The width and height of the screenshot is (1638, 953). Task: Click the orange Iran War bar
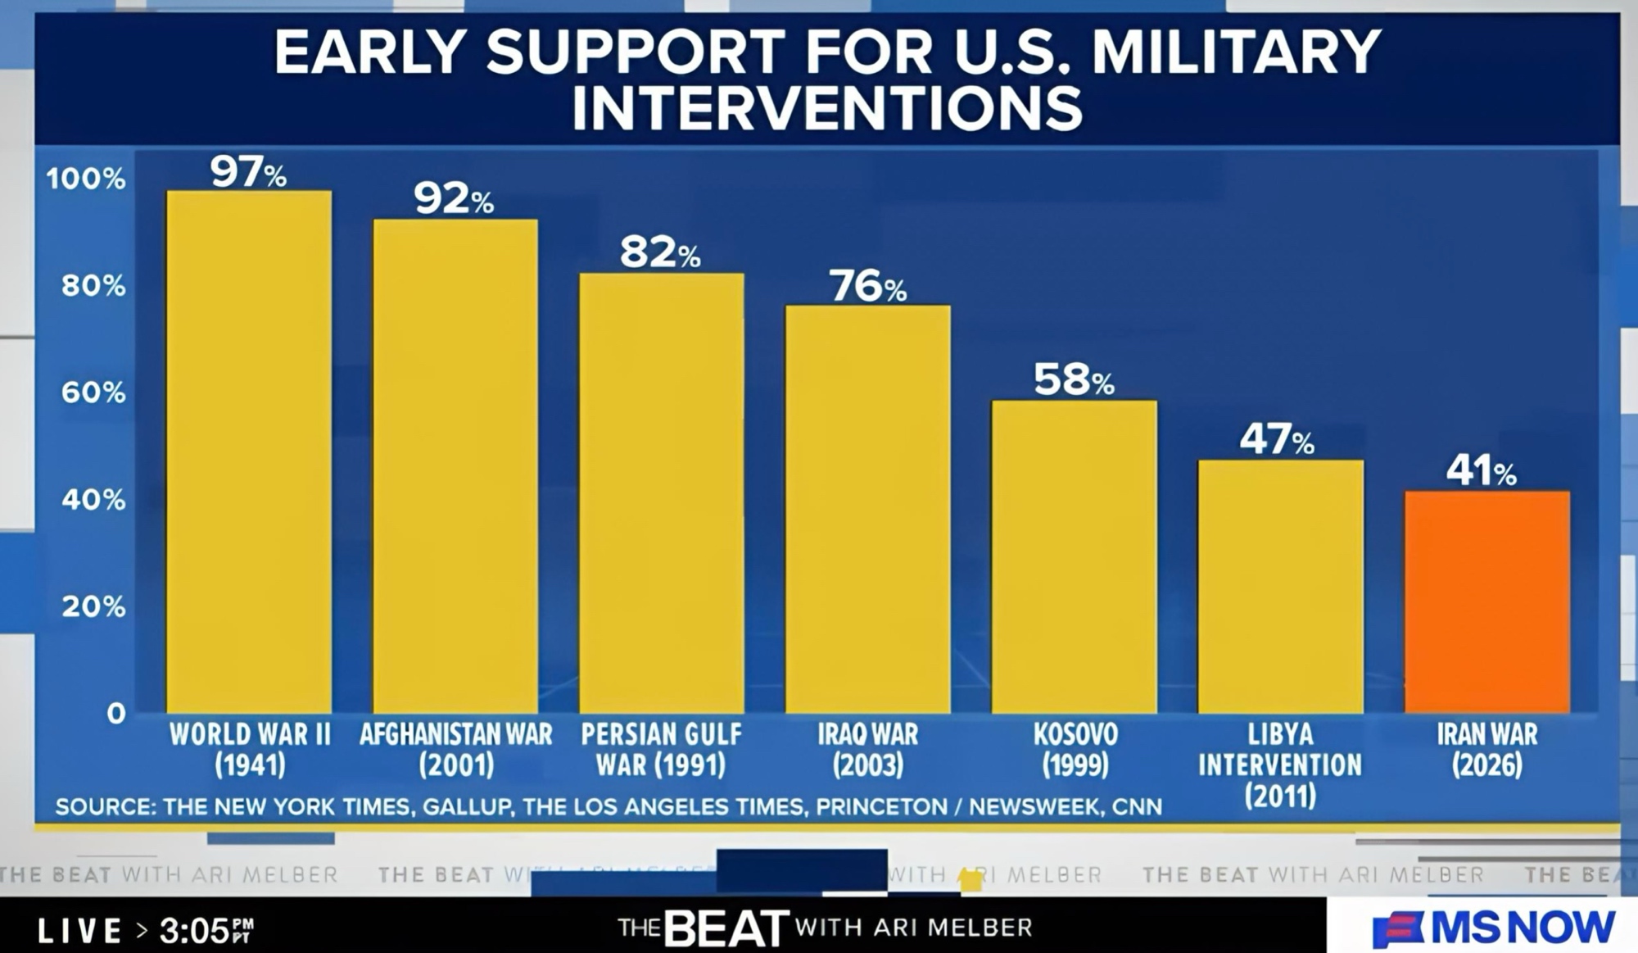click(x=1487, y=602)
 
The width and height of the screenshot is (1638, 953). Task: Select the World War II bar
click(x=249, y=452)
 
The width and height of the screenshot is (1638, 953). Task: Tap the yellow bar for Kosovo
click(x=1075, y=556)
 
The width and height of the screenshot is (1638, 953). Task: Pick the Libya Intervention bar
click(x=1281, y=586)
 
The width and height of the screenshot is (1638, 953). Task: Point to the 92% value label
click(x=454, y=198)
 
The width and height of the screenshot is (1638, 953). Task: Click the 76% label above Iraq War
click(x=868, y=287)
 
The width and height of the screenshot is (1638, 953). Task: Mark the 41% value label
click(x=1481, y=471)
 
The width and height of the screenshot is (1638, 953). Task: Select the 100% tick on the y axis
click(x=86, y=179)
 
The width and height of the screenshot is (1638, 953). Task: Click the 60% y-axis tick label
click(x=93, y=393)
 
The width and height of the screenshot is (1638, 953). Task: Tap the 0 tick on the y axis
click(x=115, y=713)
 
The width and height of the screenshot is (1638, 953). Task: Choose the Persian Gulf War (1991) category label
click(x=661, y=749)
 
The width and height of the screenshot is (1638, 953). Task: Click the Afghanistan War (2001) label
click(x=456, y=749)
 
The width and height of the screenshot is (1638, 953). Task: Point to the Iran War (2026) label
click(x=1487, y=749)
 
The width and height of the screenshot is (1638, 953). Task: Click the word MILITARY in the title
click(x=1237, y=52)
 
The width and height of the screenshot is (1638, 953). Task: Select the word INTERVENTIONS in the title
click(x=827, y=107)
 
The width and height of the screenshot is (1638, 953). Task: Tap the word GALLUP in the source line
click(x=466, y=807)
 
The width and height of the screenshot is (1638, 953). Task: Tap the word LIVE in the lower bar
click(x=80, y=930)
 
